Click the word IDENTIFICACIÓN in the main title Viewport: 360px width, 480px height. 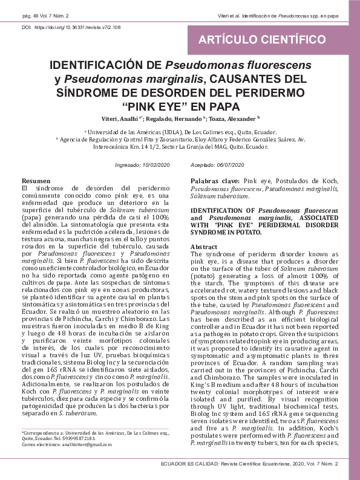[x=105, y=65]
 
